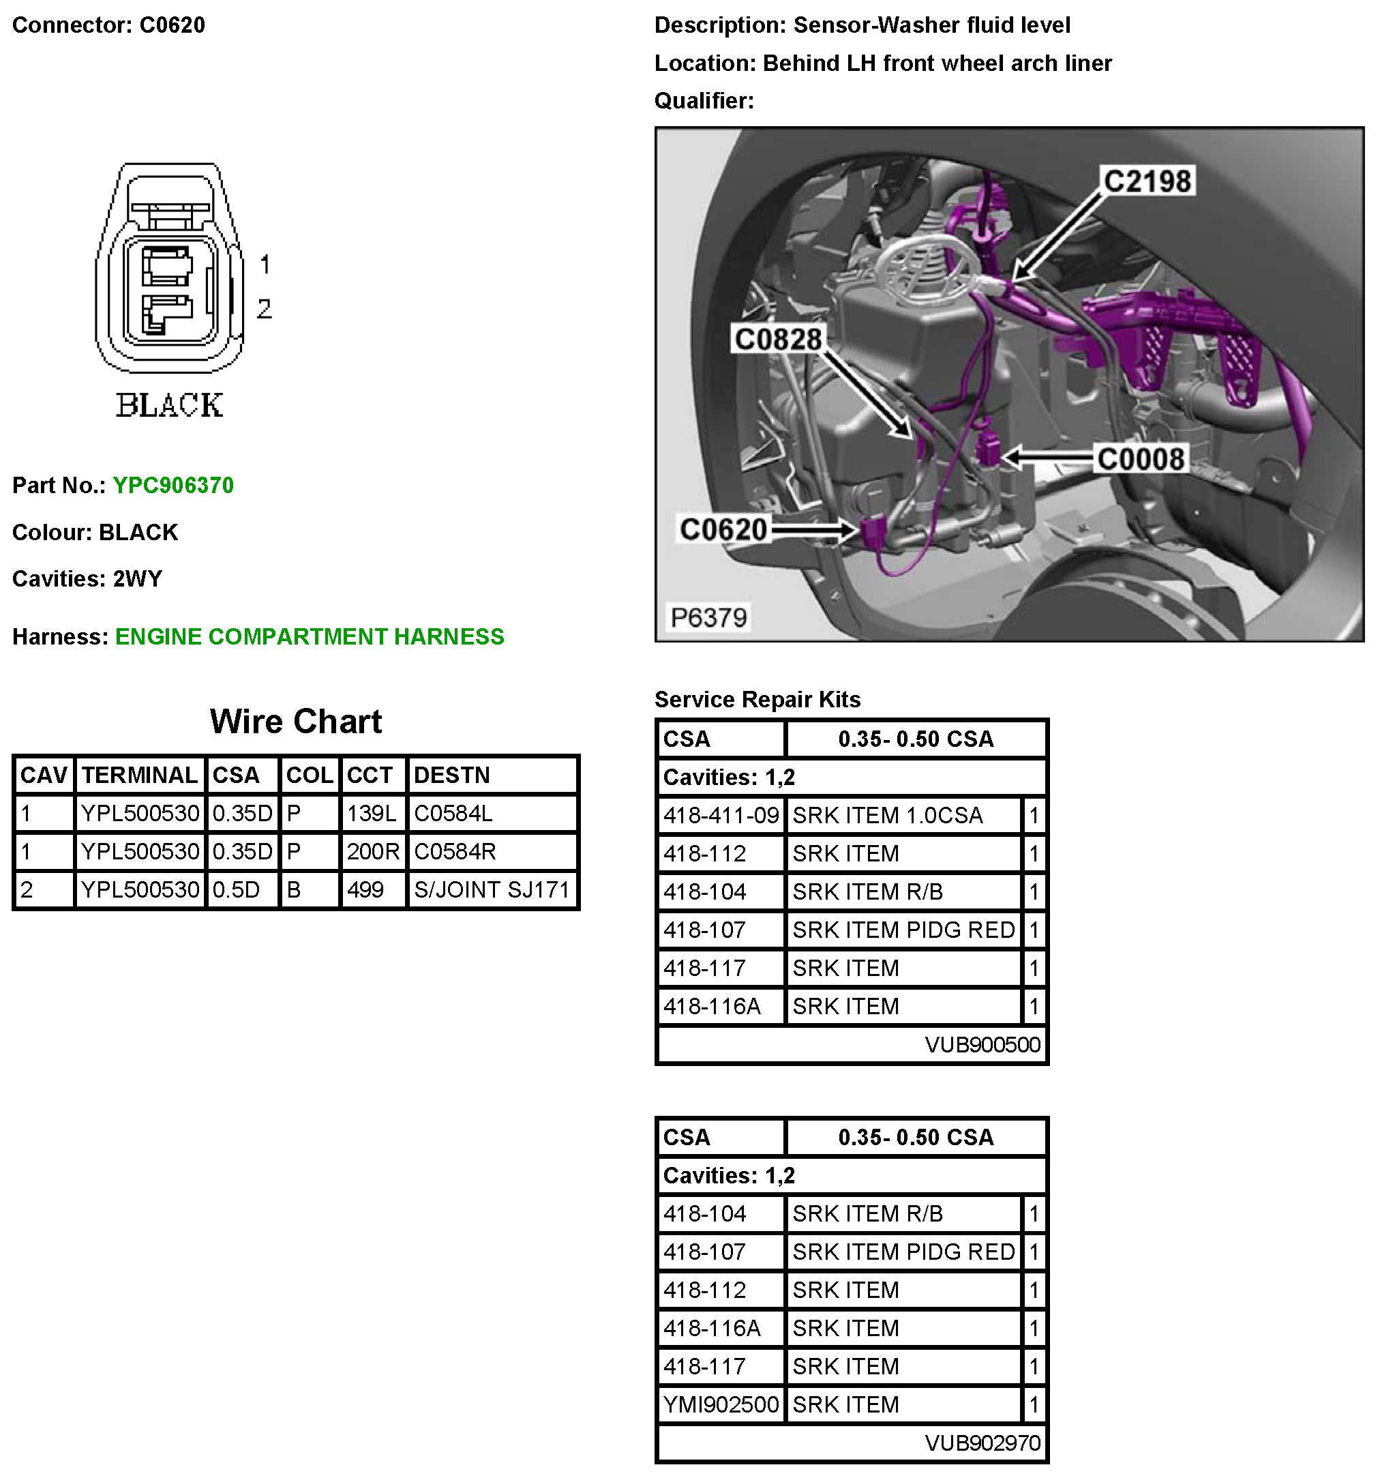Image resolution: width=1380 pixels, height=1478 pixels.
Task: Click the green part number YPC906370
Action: coord(173,486)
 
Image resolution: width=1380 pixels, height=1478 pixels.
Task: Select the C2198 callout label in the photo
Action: coord(1147,181)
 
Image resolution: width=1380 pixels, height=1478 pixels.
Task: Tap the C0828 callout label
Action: coord(778,339)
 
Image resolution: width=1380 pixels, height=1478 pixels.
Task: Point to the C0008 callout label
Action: coord(1140,459)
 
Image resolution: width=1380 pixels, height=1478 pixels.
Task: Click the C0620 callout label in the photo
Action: coord(723,529)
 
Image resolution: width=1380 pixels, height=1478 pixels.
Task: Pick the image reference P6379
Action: coord(708,617)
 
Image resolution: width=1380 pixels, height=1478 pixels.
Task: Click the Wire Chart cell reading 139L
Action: coord(372,814)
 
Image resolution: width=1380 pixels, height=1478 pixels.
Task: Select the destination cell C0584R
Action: coord(455,851)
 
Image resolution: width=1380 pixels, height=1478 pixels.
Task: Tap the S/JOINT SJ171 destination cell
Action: coord(491,889)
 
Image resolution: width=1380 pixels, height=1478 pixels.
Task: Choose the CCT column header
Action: coord(370,775)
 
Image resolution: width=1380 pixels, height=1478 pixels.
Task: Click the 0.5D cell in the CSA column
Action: coord(237,889)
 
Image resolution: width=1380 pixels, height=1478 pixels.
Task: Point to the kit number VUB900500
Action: coord(982,1045)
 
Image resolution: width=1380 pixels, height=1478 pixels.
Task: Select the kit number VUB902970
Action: coord(982,1443)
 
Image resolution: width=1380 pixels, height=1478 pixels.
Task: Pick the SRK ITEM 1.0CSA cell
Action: coord(887,816)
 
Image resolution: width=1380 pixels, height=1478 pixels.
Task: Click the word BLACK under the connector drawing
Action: coord(170,406)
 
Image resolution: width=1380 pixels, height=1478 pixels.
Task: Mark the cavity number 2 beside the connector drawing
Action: coord(265,308)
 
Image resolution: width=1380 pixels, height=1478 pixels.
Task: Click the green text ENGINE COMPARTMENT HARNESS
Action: coord(309,637)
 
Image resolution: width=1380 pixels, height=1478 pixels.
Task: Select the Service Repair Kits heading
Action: coord(757,700)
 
